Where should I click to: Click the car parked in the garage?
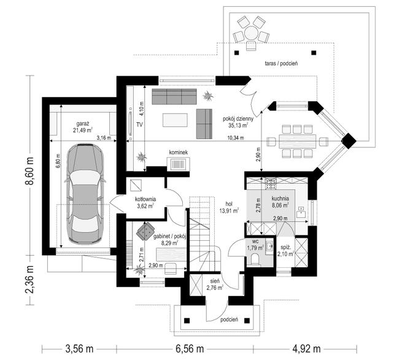85,194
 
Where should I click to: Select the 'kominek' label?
179,152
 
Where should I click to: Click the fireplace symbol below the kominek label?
178,164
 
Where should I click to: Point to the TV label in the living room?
139,125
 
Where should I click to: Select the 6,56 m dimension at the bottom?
190,349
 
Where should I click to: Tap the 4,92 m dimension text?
307,349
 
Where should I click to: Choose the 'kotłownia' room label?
145,199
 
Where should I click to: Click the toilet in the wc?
255,259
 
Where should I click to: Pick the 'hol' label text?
229,203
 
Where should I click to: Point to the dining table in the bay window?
298,141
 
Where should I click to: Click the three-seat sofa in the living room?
174,96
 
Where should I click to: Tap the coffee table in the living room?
175,120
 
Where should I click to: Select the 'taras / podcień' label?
281,63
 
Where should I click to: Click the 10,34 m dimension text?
235,138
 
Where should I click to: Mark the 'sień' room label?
215,281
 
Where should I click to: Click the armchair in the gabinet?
145,230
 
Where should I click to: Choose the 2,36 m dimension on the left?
29,280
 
